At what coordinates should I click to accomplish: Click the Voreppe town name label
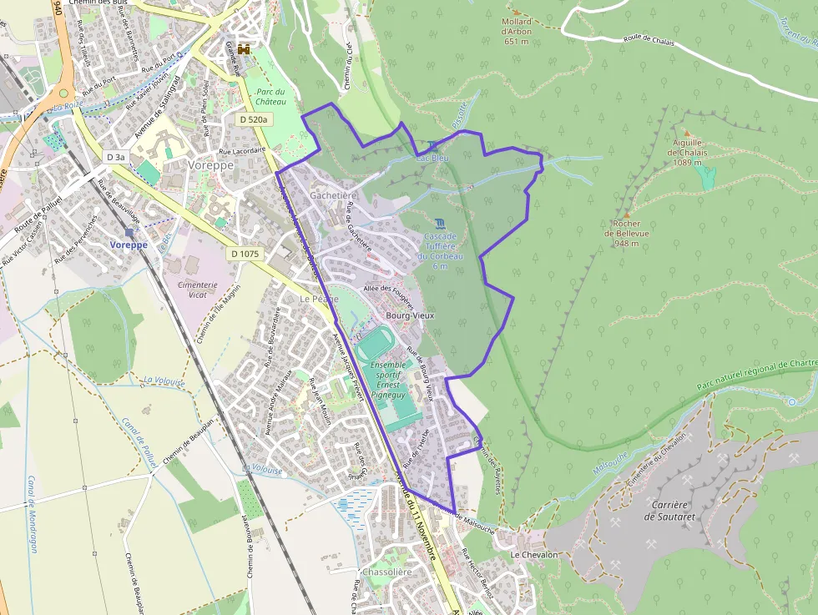click(211, 165)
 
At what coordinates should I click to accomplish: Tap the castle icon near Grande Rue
click(244, 49)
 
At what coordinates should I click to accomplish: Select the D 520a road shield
click(253, 119)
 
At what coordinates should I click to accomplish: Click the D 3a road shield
click(115, 157)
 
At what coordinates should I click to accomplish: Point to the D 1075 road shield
click(245, 253)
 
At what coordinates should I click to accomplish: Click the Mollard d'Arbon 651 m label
click(517, 32)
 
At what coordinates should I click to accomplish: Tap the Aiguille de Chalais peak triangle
click(687, 134)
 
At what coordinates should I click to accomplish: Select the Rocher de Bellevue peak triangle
click(627, 214)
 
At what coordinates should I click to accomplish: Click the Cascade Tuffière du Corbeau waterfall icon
click(440, 223)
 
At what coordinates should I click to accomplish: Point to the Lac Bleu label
click(432, 157)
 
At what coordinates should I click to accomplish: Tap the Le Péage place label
click(320, 298)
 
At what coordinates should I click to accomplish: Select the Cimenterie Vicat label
click(198, 290)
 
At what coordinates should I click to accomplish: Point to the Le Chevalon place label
click(534, 554)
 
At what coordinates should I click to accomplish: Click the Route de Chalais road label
click(649, 38)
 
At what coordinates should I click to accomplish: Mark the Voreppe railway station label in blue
click(129, 245)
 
